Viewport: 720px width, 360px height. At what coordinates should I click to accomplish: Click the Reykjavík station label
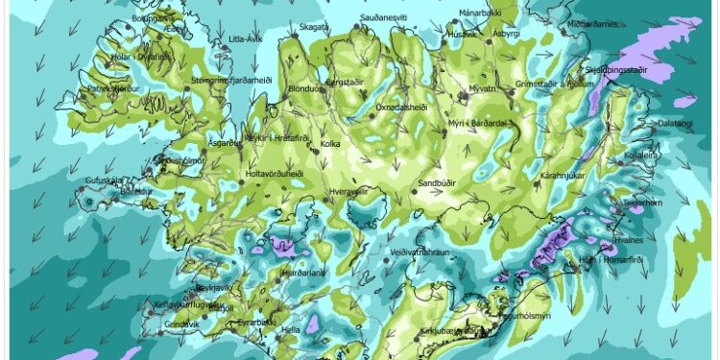tap(216, 287)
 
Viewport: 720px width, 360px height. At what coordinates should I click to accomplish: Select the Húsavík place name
tap(462, 35)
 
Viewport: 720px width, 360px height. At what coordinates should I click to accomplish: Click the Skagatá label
tap(313, 28)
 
